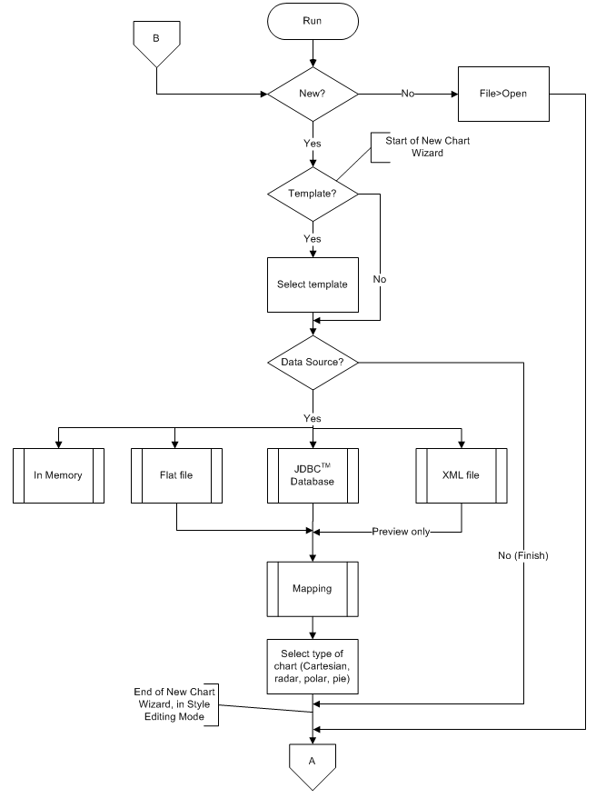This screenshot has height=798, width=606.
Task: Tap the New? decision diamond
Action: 313,94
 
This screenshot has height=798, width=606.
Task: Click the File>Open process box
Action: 503,94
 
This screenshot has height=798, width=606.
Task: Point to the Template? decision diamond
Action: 313,194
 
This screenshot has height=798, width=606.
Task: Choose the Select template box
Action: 313,284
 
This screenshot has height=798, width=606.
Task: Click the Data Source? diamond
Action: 313,363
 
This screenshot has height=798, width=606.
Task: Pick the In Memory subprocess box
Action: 59,475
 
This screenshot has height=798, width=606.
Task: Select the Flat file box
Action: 177,475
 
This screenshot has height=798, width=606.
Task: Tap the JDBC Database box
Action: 313,475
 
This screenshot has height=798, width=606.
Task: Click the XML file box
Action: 462,475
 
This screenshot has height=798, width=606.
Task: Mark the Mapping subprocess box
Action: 313,588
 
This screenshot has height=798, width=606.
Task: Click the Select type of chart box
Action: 313,667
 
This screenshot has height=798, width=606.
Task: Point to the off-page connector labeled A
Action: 313,763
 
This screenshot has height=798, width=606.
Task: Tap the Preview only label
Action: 401,532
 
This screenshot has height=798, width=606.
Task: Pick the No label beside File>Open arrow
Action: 408,94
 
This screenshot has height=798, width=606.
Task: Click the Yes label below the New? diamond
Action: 313,143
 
